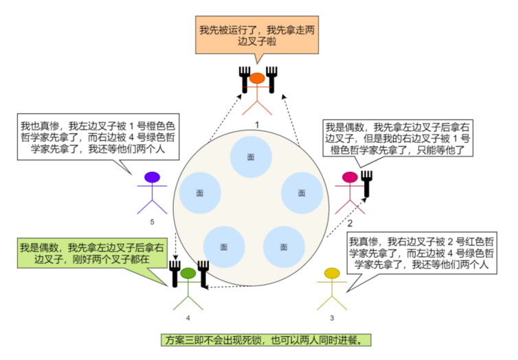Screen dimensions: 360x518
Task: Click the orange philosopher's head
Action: [x=256, y=78]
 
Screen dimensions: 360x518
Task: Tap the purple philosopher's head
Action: [x=153, y=177]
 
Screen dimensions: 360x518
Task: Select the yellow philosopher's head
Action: [x=332, y=273]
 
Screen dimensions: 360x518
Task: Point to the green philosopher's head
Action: [x=188, y=273]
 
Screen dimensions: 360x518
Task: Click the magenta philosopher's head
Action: [x=350, y=177]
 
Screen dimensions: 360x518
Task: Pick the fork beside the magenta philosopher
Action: [x=366, y=183]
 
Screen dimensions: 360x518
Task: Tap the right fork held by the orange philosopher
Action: [x=271, y=80]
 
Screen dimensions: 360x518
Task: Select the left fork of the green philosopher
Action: [x=174, y=273]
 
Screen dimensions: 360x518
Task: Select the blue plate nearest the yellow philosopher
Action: [x=284, y=246]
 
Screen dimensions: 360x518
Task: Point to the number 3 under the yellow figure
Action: [x=332, y=318]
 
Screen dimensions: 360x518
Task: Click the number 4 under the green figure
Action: [x=188, y=318]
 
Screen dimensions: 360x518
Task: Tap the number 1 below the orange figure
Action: [x=256, y=124]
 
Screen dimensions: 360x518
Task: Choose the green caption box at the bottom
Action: [x=258, y=339]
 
